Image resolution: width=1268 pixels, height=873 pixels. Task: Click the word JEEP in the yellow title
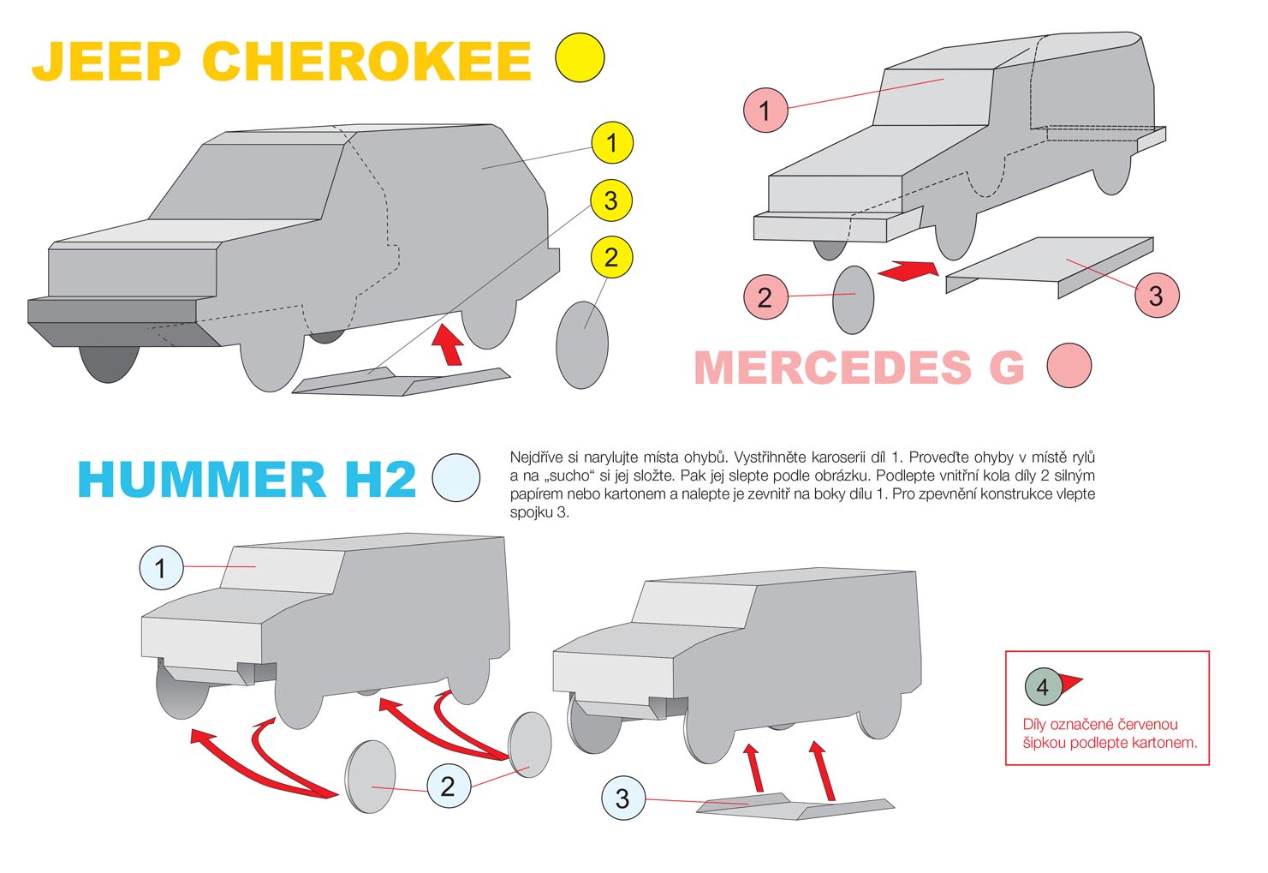106,61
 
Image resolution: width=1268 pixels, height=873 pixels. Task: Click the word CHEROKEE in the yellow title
366,61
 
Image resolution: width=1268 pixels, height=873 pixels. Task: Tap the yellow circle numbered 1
612,143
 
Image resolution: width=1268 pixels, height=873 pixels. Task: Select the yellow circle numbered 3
611,200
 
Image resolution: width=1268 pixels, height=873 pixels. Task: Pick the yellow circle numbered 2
611,257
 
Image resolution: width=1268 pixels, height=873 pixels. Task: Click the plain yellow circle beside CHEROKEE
580,57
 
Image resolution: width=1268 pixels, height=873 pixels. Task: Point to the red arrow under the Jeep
449,344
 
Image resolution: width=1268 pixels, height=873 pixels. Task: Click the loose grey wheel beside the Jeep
582,345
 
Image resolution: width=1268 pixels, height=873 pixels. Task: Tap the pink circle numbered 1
765,111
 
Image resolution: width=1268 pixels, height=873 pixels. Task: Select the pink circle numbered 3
1157,296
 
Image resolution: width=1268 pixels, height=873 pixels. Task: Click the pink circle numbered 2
765,297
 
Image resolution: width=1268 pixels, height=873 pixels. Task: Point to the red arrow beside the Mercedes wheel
908,270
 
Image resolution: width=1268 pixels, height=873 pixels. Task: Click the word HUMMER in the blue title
201,479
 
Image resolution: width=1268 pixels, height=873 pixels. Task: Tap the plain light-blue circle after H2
455,477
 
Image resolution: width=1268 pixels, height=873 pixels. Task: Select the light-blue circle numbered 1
161,568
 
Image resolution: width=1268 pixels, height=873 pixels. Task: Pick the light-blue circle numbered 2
449,786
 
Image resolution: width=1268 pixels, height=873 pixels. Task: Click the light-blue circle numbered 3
622,798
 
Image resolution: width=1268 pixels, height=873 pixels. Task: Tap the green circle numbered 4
1042,686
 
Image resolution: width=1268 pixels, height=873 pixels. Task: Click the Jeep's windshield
247,182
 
